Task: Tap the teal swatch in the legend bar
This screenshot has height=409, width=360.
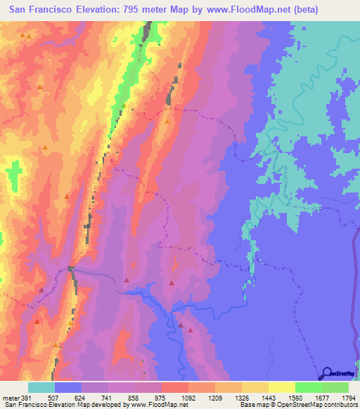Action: (x=41, y=387)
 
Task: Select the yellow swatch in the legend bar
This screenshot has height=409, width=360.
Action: (x=281, y=387)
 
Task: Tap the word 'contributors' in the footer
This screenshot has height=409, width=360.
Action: (x=339, y=404)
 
